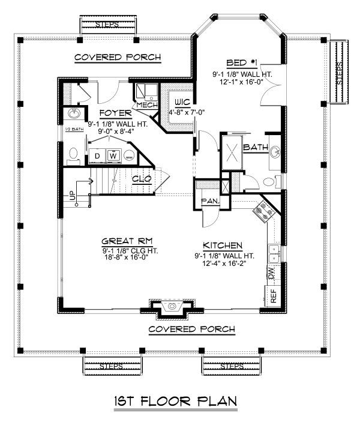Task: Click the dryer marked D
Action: (97, 156)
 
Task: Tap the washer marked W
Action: (113, 156)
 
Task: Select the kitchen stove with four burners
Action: (264, 211)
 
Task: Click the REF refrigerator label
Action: (273, 296)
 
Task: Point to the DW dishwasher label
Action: (272, 273)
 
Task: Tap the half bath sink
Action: (74, 113)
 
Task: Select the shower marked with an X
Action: (232, 153)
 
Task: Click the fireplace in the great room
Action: (172, 307)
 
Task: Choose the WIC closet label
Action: (182, 103)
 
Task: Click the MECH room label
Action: (147, 105)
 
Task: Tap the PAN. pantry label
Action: (211, 202)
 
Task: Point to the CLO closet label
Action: (142, 179)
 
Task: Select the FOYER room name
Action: (115, 113)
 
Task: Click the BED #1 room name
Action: (242, 63)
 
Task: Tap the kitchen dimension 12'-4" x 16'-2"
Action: (224, 264)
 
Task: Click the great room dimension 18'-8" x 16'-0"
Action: (126, 258)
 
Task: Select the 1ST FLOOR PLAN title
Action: (175, 401)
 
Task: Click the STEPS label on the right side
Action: (339, 73)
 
